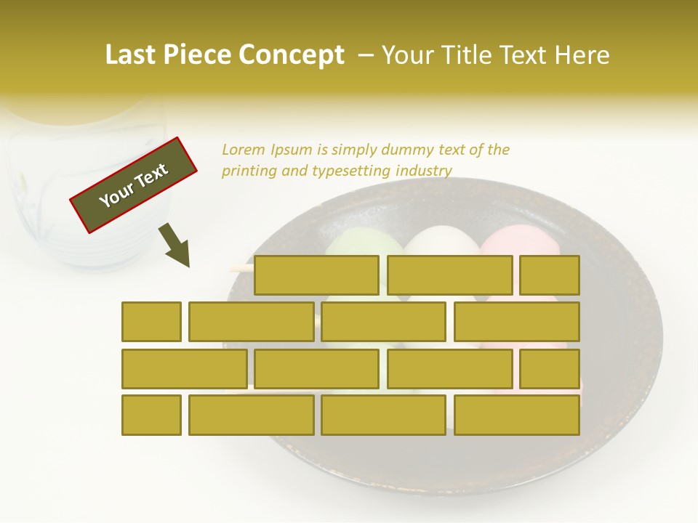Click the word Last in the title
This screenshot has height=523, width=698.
132,55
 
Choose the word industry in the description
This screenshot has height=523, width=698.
424,171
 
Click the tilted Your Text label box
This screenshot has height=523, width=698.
134,185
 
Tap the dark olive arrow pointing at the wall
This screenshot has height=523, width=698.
175,245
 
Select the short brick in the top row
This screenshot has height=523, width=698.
550,275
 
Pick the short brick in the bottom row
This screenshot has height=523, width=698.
151,415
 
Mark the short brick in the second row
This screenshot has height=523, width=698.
151,322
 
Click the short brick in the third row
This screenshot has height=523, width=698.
550,368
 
